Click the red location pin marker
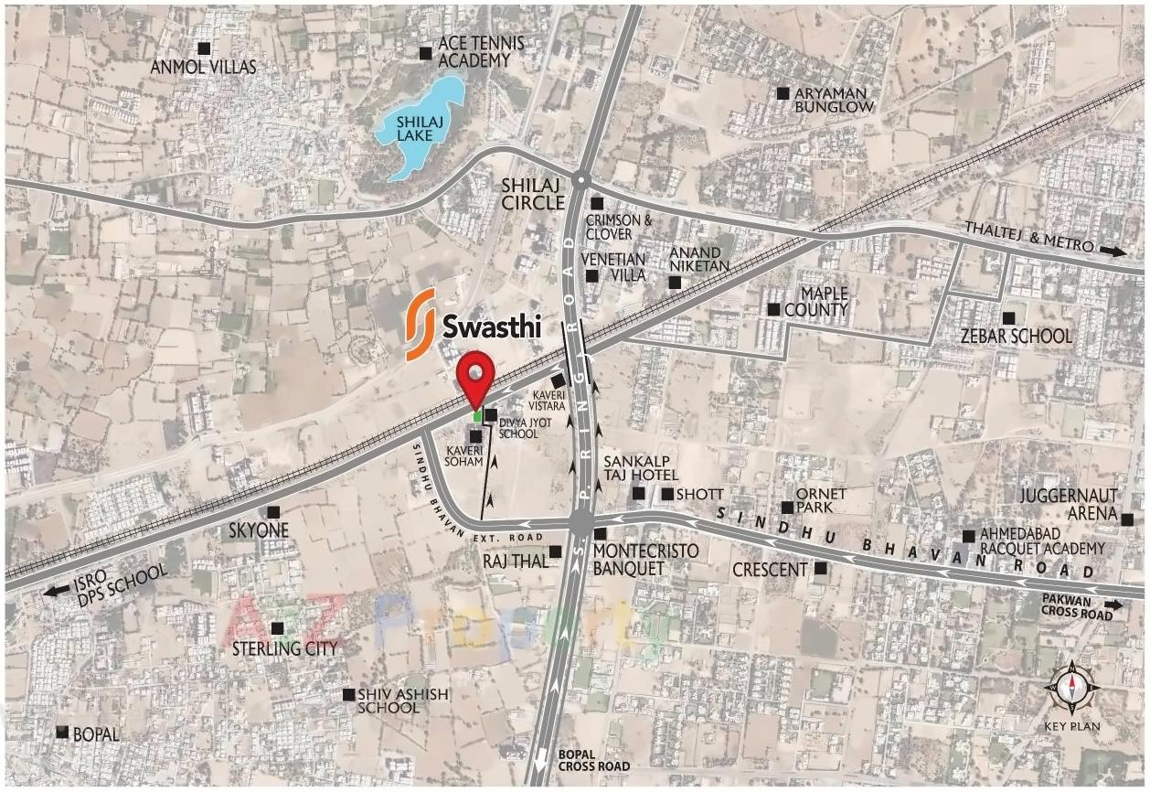[475, 377]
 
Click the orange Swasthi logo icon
[421, 325]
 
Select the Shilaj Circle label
[533, 194]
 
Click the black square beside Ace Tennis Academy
[425, 53]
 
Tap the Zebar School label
[1016, 336]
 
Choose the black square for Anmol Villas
[204, 48]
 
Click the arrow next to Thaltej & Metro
[1113, 251]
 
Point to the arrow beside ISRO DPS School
[56, 590]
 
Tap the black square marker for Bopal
[62, 733]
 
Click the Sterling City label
[284, 648]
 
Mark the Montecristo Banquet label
[645, 559]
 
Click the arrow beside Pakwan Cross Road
[1114, 605]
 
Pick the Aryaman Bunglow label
[834, 100]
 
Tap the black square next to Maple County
[773, 310]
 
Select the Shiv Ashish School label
[402, 701]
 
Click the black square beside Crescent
[821, 568]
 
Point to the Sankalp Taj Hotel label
[641, 467]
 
